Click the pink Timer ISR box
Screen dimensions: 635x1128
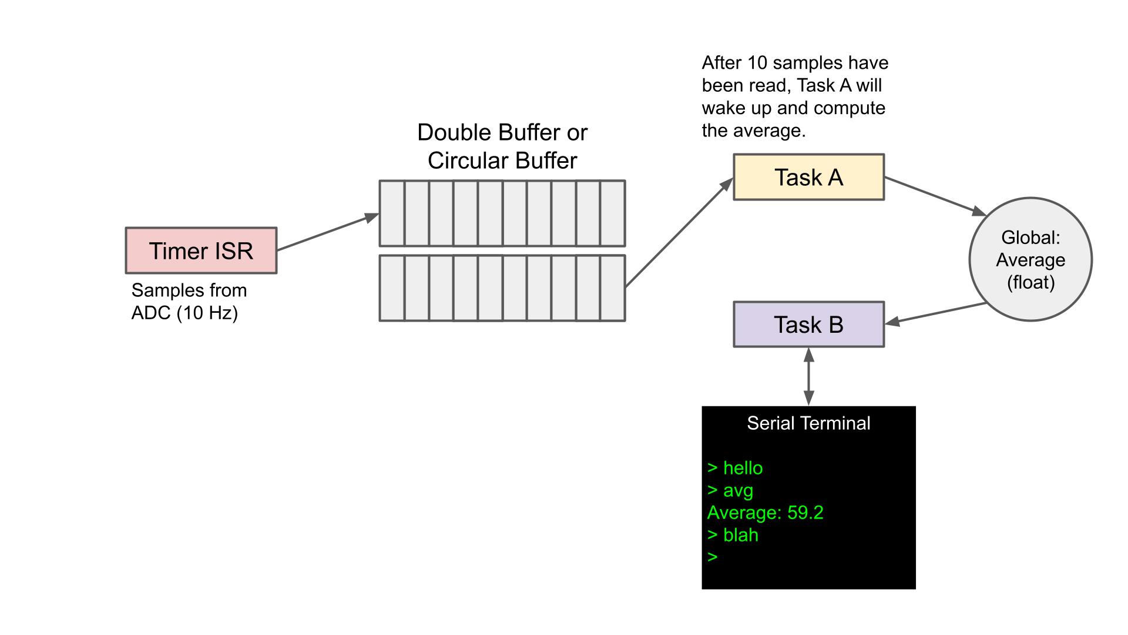coord(201,250)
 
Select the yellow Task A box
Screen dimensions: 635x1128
coord(808,177)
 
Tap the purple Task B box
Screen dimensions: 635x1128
coord(808,325)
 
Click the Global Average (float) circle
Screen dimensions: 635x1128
coord(1030,259)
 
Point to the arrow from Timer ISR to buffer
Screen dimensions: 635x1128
coord(327,233)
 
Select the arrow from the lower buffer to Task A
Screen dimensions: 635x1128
coord(679,233)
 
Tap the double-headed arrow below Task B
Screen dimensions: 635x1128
coord(808,376)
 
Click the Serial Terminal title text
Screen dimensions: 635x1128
coord(808,423)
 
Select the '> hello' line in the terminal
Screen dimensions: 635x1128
coord(735,468)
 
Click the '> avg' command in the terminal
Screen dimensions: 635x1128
coord(730,490)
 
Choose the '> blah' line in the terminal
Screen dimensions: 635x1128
coord(733,535)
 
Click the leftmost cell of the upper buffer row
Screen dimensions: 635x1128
coord(392,213)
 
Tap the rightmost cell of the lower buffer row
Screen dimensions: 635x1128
coord(612,288)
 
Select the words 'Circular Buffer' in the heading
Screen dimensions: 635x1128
coord(502,161)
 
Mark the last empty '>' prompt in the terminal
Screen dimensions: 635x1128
coord(713,557)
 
